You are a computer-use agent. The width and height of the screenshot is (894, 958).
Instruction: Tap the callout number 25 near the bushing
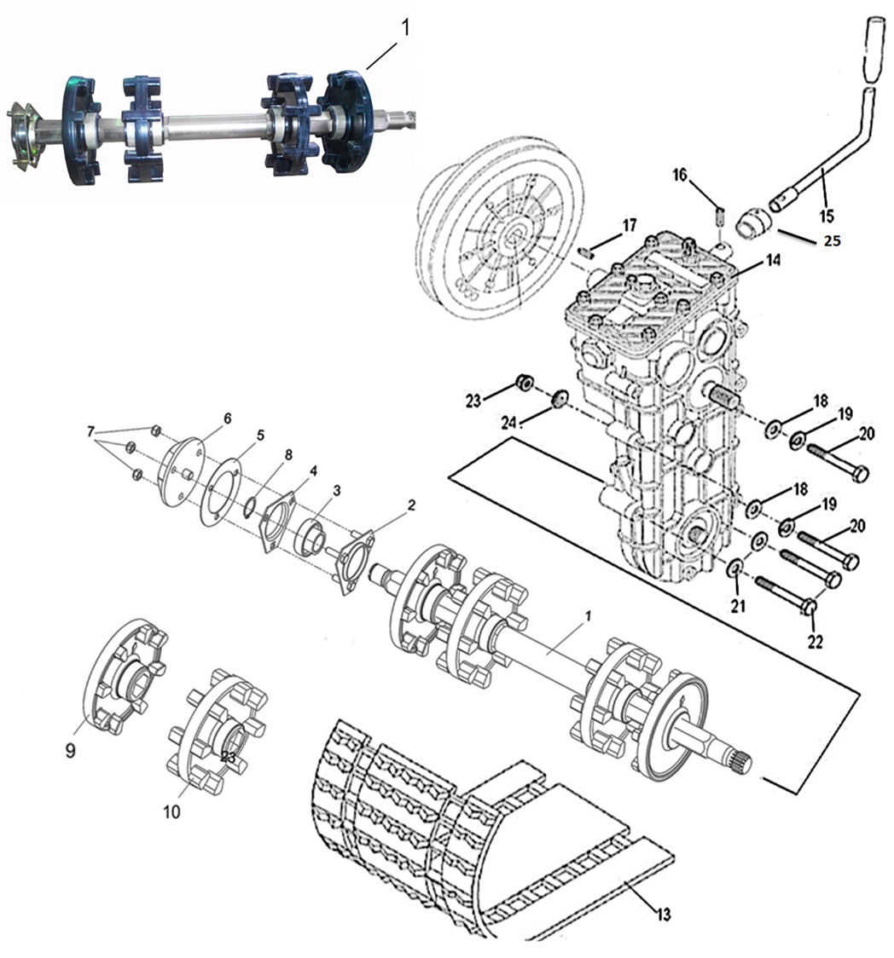click(x=832, y=240)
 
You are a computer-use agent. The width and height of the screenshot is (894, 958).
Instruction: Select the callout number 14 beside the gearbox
click(x=773, y=260)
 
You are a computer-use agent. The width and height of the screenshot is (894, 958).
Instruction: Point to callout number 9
click(x=70, y=750)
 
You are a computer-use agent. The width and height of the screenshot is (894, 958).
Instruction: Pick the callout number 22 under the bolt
click(x=816, y=641)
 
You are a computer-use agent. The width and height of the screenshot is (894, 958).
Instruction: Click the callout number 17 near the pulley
click(x=630, y=226)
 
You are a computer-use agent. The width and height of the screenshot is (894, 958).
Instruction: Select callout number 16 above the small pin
click(x=679, y=176)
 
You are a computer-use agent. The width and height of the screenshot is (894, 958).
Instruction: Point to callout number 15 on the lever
click(x=826, y=216)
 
